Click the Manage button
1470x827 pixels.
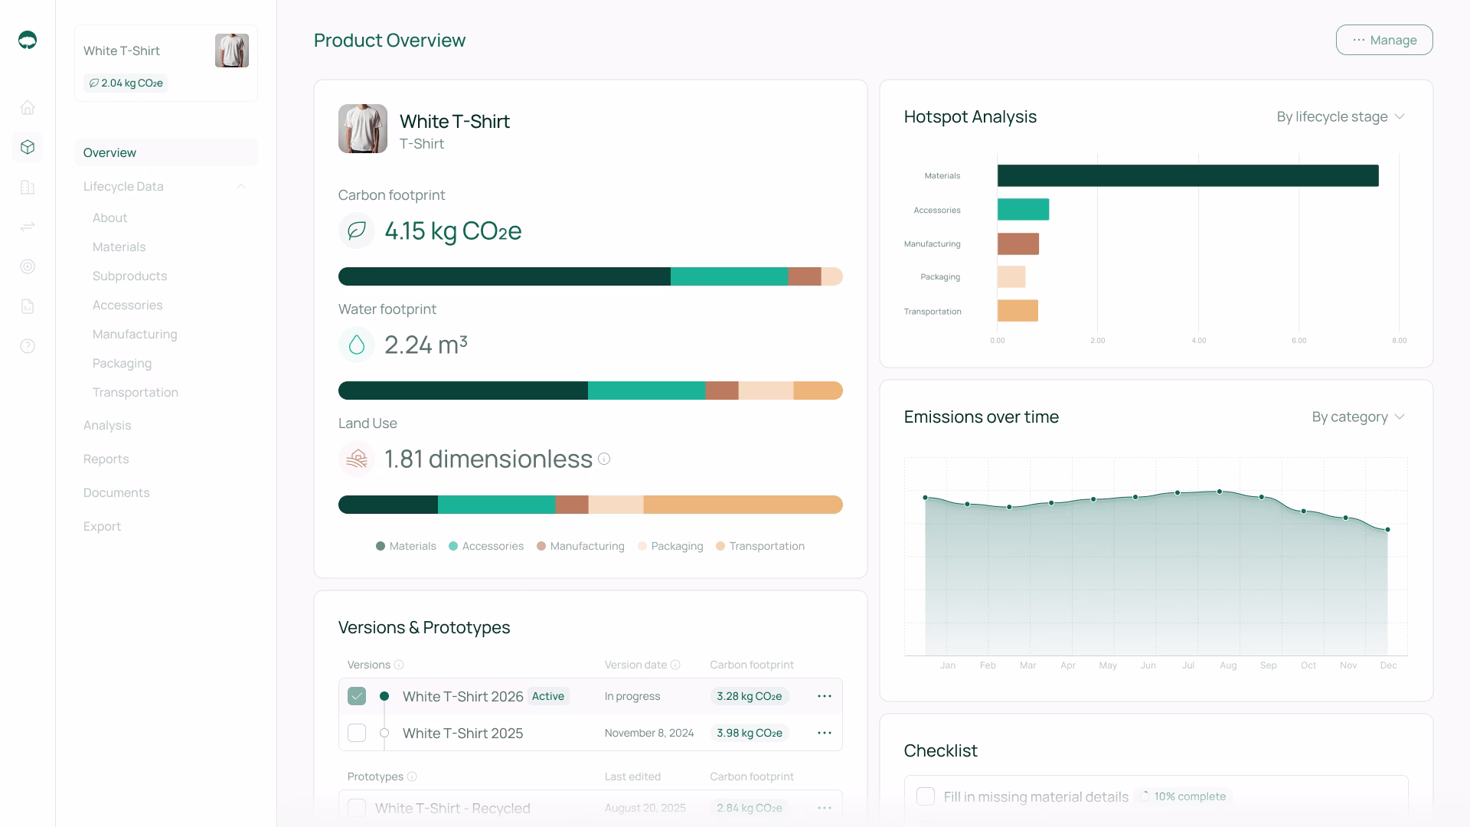(1383, 40)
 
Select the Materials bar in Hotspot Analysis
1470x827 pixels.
(1187, 175)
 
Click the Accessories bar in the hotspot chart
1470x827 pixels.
(1023, 209)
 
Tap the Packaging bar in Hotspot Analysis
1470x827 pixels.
(1011, 276)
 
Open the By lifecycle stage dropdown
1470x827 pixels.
(1340, 116)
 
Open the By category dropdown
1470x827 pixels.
(1357, 417)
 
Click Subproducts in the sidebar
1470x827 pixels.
(129, 276)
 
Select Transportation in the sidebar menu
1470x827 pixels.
(135, 392)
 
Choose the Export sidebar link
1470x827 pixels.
(102, 526)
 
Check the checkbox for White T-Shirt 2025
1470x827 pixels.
(357, 733)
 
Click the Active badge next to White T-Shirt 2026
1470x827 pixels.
(548, 696)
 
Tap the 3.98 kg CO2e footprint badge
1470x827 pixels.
(749, 733)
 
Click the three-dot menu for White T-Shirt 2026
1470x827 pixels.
(824, 696)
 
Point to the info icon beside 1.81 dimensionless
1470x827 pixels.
(604, 459)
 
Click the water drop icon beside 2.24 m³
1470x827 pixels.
(357, 345)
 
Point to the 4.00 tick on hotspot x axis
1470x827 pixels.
(1198, 340)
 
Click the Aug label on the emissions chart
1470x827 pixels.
(1228, 665)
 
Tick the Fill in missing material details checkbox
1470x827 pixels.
(926, 796)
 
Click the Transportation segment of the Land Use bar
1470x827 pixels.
(742, 505)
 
